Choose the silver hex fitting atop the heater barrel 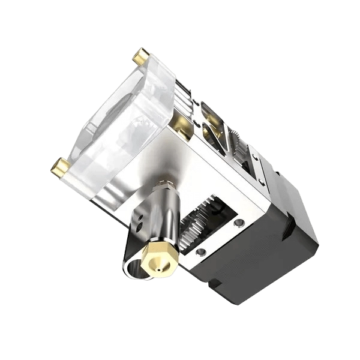click(166, 184)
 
